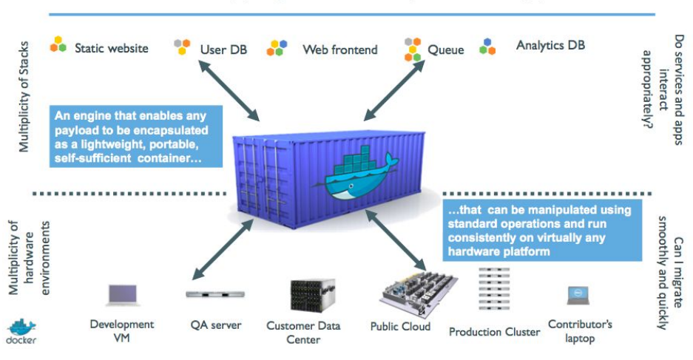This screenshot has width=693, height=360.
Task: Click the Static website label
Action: (x=111, y=48)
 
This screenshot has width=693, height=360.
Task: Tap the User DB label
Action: (x=223, y=50)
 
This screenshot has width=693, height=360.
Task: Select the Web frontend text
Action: (x=339, y=50)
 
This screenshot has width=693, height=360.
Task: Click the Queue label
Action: (x=446, y=50)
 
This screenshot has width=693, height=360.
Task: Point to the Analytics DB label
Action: (x=550, y=45)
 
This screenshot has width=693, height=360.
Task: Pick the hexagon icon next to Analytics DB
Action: (x=487, y=47)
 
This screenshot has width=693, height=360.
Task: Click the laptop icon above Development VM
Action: (x=122, y=295)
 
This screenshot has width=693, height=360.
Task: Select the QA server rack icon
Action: (x=215, y=294)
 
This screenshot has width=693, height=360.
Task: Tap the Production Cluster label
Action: (x=494, y=332)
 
